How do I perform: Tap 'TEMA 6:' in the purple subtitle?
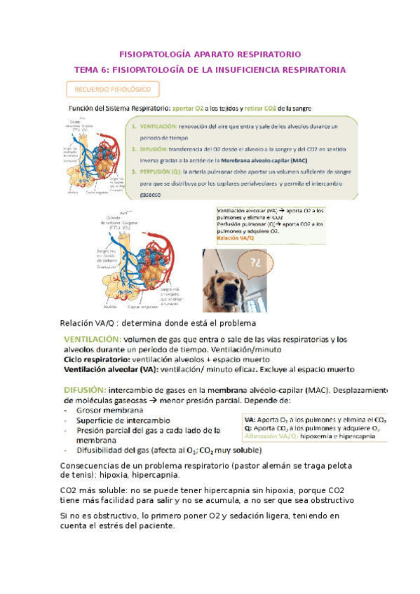(92, 70)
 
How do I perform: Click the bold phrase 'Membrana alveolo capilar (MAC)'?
(266, 160)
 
